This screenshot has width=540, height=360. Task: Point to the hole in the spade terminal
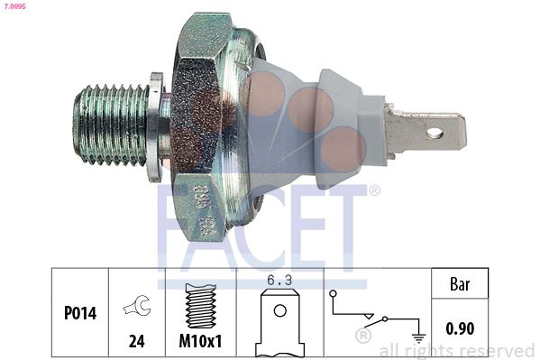[x=435, y=134]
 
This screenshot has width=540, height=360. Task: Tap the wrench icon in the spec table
[x=136, y=307]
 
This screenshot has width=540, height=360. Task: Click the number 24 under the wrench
[x=136, y=343]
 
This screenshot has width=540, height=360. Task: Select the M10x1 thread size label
[x=200, y=343]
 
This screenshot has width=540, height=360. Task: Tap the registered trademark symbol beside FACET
[x=374, y=191]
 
